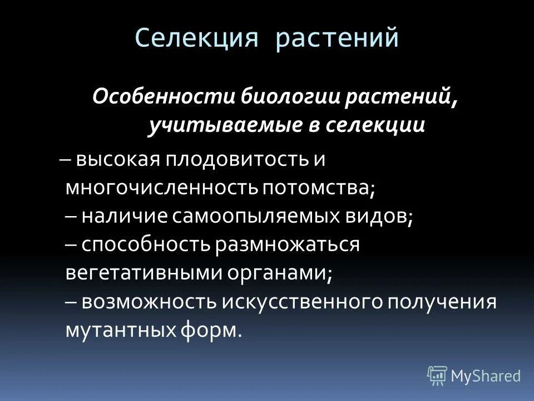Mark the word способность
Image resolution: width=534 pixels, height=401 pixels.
(144, 244)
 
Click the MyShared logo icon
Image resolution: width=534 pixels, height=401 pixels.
(437, 375)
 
